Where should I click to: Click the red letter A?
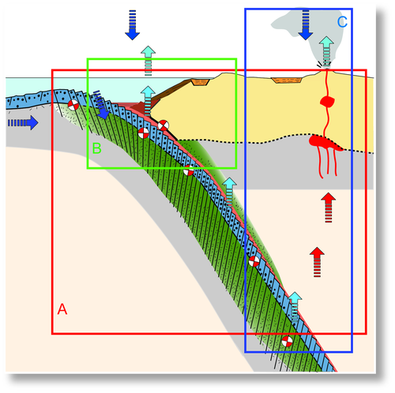pyautogui.click(x=62, y=309)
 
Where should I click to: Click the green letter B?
pyautogui.click(x=96, y=148)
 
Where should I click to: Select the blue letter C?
pyautogui.click(x=342, y=22)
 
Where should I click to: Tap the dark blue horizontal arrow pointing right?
pyautogui.click(x=23, y=122)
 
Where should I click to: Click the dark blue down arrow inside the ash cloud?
pyautogui.click(x=306, y=25)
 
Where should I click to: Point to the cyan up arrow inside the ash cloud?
pyautogui.click(x=326, y=51)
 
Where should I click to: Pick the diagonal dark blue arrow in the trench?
pyautogui.click(x=101, y=105)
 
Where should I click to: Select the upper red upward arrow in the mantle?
pyautogui.click(x=329, y=208)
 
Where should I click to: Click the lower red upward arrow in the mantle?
pyautogui.click(x=317, y=262)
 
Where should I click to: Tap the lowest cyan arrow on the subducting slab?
pyautogui.click(x=295, y=306)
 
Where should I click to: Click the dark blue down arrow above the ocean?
pyautogui.click(x=132, y=25)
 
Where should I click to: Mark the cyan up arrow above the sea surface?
pyautogui.click(x=148, y=61)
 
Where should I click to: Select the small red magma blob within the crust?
pyautogui.click(x=327, y=102)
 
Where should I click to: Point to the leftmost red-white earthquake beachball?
pyautogui.click(x=73, y=105)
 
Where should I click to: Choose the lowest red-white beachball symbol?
pyautogui.click(x=287, y=341)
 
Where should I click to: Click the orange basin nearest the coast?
pyautogui.click(x=200, y=82)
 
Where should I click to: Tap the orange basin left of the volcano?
pyautogui.click(x=286, y=80)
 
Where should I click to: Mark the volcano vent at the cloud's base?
pyautogui.click(x=326, y=69)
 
